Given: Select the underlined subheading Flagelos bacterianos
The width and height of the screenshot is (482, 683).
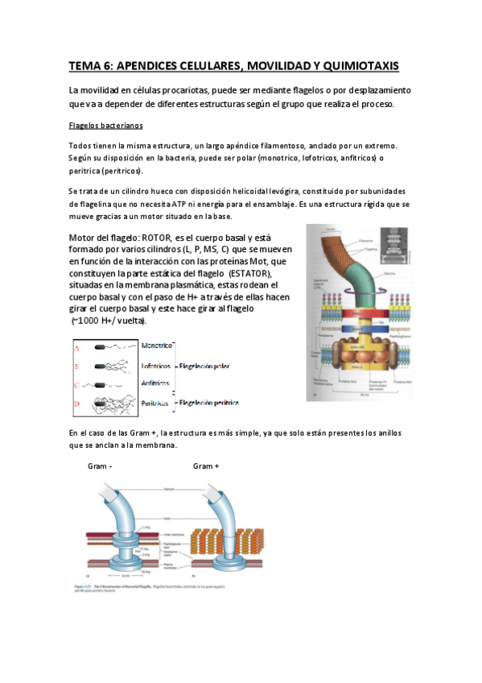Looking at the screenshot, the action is [x=105, y=126].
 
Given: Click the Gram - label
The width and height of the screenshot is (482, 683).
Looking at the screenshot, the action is [x=100, y=466].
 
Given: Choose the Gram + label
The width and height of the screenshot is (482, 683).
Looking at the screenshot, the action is [x=206, y=466].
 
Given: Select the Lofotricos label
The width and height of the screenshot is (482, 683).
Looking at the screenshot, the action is [x=158, y=366].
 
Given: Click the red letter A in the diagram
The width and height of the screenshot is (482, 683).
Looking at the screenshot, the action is [x=77, y=348].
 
